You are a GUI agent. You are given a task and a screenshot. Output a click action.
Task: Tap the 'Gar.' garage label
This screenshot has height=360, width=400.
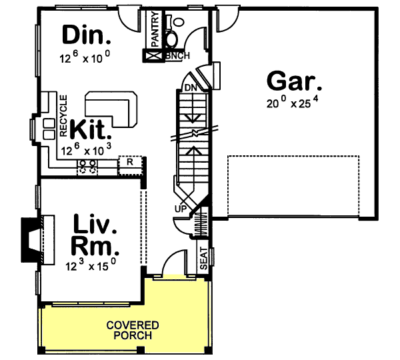coord(294,81)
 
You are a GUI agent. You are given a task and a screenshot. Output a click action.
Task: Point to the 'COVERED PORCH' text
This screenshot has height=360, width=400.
coord(133,330)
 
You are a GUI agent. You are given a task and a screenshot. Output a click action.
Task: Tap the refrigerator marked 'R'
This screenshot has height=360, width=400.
coord(131,161)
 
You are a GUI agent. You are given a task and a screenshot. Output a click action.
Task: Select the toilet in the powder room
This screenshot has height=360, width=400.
coord(177,25)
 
